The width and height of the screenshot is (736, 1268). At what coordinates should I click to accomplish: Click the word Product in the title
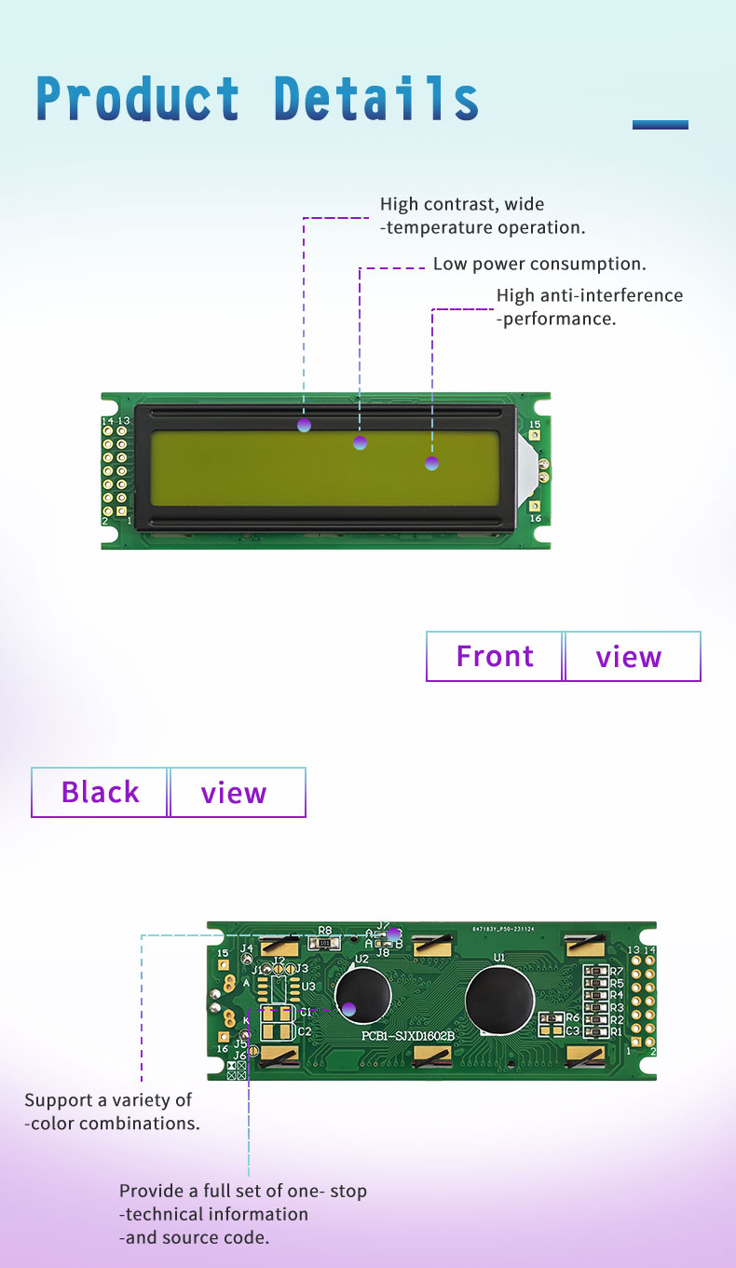click(138, 99)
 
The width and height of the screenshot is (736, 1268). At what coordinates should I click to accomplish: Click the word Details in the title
click(376, 99)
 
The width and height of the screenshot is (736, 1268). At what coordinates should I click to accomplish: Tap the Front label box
click(495, 656)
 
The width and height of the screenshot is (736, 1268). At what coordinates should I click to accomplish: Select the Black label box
click(100, 792)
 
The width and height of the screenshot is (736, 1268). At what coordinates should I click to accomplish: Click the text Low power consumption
click(539, 264)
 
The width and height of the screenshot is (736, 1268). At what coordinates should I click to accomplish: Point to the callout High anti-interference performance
click(589, 307)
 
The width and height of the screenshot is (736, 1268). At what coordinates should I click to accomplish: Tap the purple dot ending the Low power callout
click(360, 443)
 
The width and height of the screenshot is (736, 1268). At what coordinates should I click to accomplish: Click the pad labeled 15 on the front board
click(535, 435)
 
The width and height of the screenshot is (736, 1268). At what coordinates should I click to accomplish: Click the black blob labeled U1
click(498, 1000)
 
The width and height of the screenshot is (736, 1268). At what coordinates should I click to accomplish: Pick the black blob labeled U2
click(362, 999)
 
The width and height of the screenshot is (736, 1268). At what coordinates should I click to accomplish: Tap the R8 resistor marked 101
click(324, 943)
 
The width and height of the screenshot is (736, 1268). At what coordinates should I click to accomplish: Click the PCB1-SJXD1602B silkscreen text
click(408, 1036)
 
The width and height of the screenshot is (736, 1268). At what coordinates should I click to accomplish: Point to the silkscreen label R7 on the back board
click(616, 971)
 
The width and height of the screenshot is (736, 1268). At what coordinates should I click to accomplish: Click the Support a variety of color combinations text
click(112, 1111)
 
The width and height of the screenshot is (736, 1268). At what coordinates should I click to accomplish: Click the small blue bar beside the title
click(660, 124)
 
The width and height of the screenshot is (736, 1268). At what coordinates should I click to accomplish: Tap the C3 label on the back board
click(572, 1030)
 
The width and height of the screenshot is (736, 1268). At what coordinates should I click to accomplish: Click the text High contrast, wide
click(462, 204)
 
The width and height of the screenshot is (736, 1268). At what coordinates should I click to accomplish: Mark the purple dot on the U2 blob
click(348, 1008)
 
